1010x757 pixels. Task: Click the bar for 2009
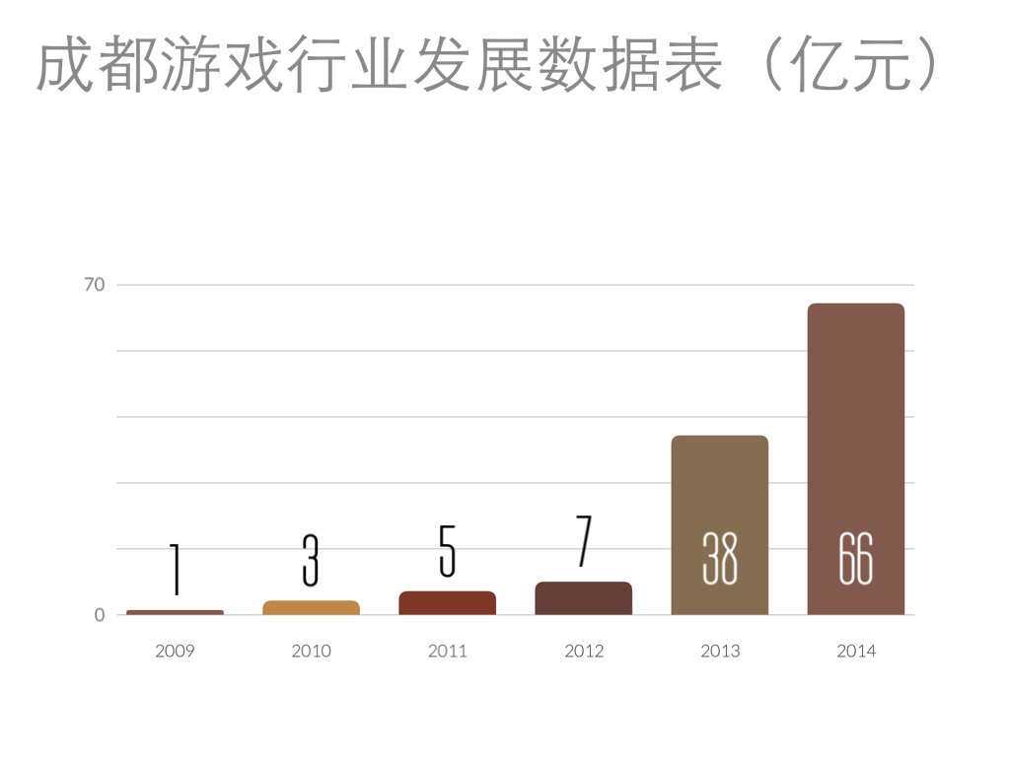point(176,612)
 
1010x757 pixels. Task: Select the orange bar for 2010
point(311,607)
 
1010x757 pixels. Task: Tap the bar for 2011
point(447,603)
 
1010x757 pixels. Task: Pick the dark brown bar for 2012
point(583,598)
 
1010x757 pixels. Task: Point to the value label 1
point(175,569)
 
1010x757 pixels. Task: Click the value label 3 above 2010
point(311,560)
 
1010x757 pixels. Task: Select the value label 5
point(447,551)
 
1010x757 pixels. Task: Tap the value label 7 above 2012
point(583,541)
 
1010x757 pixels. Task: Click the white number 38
point(719,559)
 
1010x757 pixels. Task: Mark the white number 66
point(855,559)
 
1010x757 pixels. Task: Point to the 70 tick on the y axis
point(94,285)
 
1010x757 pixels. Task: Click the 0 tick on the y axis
point(100,615)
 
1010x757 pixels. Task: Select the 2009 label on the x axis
point(175,651)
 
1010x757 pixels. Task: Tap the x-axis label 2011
point(447,651)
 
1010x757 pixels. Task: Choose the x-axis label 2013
point(719,651)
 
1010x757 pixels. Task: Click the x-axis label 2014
point(855,651)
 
